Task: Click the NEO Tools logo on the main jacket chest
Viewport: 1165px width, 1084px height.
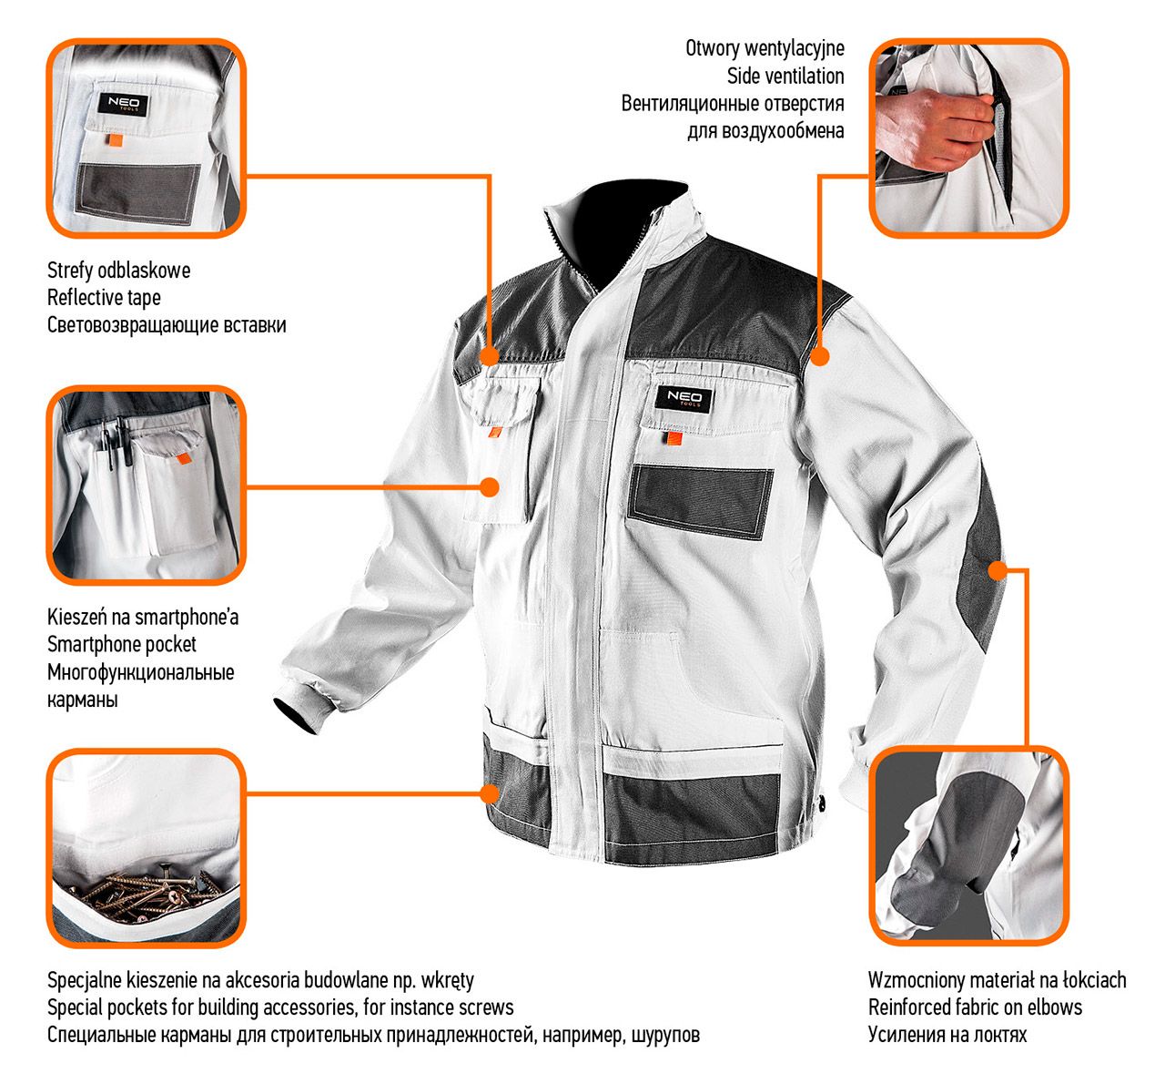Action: tap(684, 399)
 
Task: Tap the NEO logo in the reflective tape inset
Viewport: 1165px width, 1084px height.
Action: tap(123, 105)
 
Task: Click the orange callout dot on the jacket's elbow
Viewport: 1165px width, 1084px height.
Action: tap(998, 570)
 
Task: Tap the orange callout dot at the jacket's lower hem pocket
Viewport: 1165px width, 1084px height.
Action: tap(490, 793)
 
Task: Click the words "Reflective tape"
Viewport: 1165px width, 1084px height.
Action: tap(104, 298)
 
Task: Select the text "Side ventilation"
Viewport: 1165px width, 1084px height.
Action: tap(785, 77)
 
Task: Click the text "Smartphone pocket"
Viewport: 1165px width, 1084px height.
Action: tap(121, 644)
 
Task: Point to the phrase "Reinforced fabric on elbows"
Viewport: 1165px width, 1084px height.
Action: tap(975, 1007)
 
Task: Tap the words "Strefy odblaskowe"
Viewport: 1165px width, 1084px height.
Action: tap(118, 271)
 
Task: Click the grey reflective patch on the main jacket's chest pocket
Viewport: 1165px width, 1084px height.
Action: tap(701, 502)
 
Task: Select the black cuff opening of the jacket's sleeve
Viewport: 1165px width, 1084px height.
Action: tap(297, 713)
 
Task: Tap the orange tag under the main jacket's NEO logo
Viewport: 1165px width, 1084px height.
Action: tap(674, 438)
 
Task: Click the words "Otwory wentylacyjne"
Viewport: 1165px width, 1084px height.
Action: tap(765, 48)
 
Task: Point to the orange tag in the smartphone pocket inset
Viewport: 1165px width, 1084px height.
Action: tap(184, 458)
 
